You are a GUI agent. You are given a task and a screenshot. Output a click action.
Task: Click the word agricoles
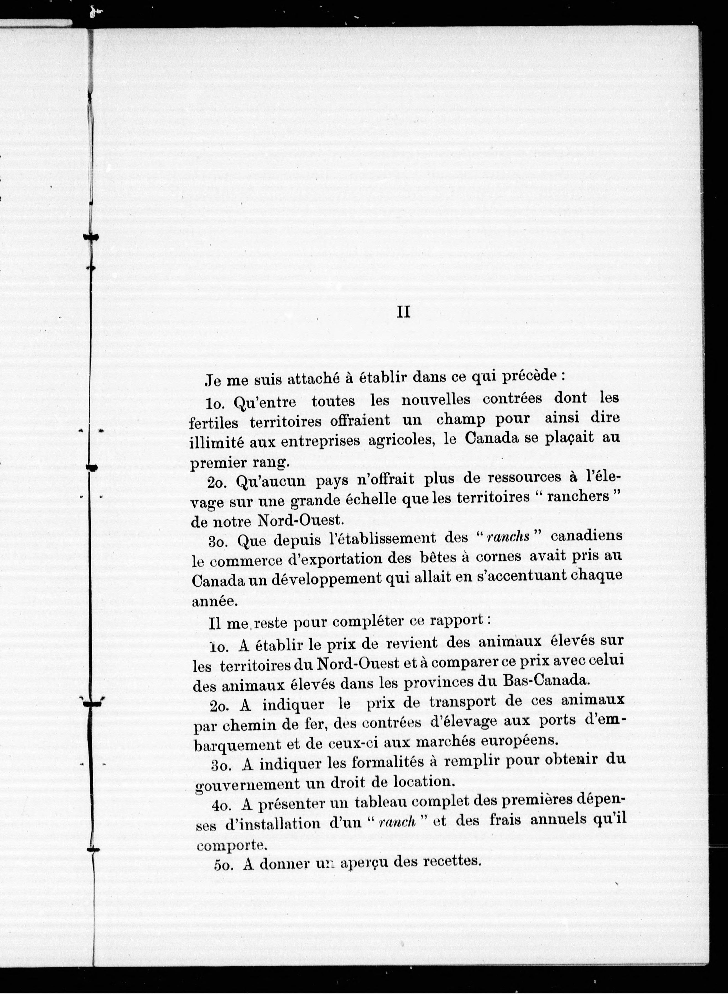point(401,440)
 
